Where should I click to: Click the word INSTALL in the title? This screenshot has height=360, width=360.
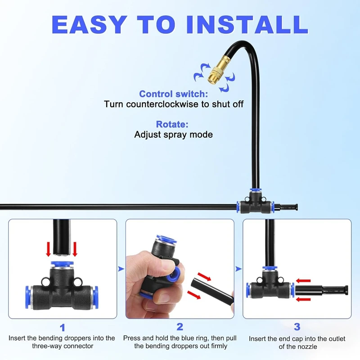pos(247,25)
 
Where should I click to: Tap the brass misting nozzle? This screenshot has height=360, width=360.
pos(219,70)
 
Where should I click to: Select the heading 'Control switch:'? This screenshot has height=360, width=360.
pos(174,94)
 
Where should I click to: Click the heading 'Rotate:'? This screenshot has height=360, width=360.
pos(172,124)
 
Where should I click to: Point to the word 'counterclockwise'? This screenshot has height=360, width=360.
pos(162,104)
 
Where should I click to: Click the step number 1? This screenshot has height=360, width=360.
pos(63,328)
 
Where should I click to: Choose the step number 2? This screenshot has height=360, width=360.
pos(180,327)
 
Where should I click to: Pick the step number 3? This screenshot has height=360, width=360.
pos(297,327)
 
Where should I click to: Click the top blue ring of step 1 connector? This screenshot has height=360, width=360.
pos(62,264)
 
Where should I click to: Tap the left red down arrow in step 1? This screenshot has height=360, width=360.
pos(49,249)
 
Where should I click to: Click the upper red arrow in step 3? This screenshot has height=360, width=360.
pos(303,280)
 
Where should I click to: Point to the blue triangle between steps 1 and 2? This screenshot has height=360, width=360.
pos(121,269)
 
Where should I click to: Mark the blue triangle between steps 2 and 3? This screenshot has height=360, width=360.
pos(238,269)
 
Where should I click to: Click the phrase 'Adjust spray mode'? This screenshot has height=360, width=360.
pos(174,134)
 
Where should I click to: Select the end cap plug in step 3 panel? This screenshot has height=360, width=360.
pos(321,290)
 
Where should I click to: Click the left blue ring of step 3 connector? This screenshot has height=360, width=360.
pos(248,290)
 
